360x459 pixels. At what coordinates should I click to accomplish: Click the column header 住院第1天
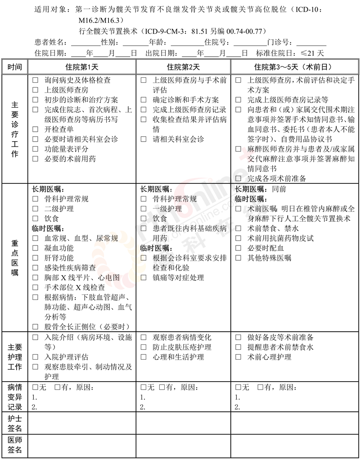pyautogui.click(x=82, y=67)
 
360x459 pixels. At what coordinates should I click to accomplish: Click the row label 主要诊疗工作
pyautogui.click(x=14, y=129)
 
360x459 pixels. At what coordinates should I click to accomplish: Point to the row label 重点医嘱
pyautogui.click(x=14, y=257)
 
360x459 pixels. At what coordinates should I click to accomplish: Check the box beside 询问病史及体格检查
pyautogui.click(x=36, y=80)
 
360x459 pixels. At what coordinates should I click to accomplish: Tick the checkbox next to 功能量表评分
pyautogui.click(x=36, y=149)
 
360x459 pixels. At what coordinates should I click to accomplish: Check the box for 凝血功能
pyautogui.click(x=36, y=248)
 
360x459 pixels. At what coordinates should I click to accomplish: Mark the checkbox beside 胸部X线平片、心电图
pyautogui.click(x=36, y=277)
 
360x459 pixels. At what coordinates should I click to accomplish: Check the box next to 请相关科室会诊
pyautogui.click(x=144, y=139)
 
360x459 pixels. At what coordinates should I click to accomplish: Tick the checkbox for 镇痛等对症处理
pyautogui.click(x=144, y=278)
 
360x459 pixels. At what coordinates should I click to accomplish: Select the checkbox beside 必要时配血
pyautogui.click(x=238, y=248)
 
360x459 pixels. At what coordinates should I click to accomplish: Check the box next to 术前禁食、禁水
pyautogui.click(x=238, y=228)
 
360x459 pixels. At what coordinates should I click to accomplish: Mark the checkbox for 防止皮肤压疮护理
pyautogui.click(x=144, y=348)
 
